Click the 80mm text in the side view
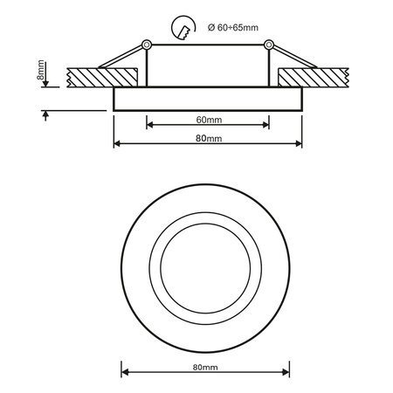(209, 138)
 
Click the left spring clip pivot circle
(148, 45)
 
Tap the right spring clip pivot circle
(269, 45)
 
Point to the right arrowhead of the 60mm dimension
(266, 124)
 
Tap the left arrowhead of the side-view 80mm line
(117, 143)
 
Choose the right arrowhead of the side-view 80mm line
(299, 143)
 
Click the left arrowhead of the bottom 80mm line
(123, 371)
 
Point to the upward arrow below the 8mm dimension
(44, 115)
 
